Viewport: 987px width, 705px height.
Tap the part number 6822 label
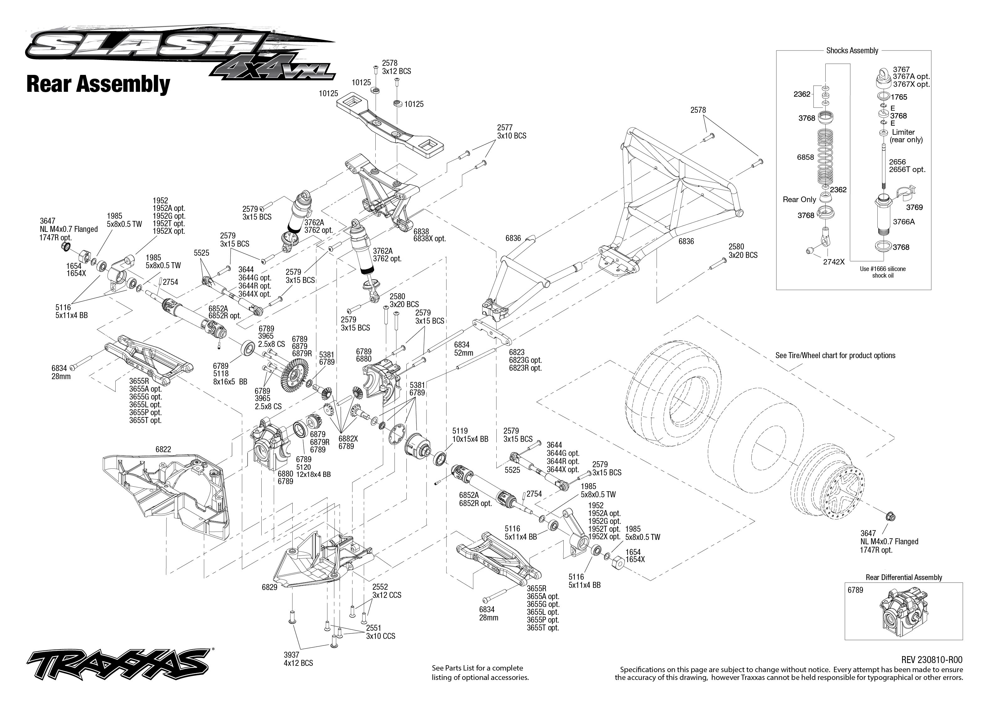(163, 449)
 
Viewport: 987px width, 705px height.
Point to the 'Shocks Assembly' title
(852, 50)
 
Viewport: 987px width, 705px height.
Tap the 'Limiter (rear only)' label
(906, 136)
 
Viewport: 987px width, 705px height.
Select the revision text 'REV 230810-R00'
(932, 660)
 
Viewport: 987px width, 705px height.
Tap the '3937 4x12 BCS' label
(298, 659)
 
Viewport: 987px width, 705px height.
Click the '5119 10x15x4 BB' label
(470, 435)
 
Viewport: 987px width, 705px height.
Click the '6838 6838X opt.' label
(429, 235)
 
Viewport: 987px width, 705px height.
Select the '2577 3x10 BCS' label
(512, 132)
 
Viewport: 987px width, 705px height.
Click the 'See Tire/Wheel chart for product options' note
(835, 356)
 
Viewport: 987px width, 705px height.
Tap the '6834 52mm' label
(463, 349)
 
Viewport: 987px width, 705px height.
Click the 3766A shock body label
(904, 222)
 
